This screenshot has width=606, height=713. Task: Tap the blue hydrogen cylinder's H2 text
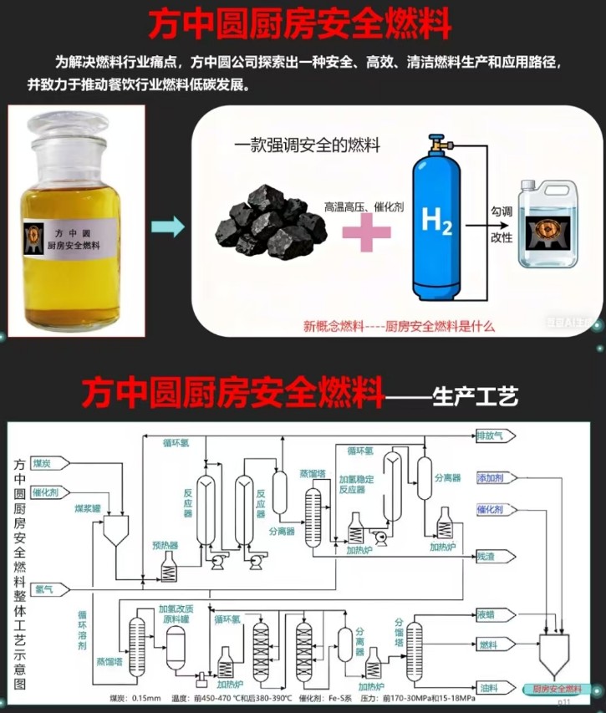click(438, 222)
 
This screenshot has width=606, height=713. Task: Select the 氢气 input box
click(48, 589)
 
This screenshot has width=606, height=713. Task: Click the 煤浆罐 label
click(87, 507)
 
